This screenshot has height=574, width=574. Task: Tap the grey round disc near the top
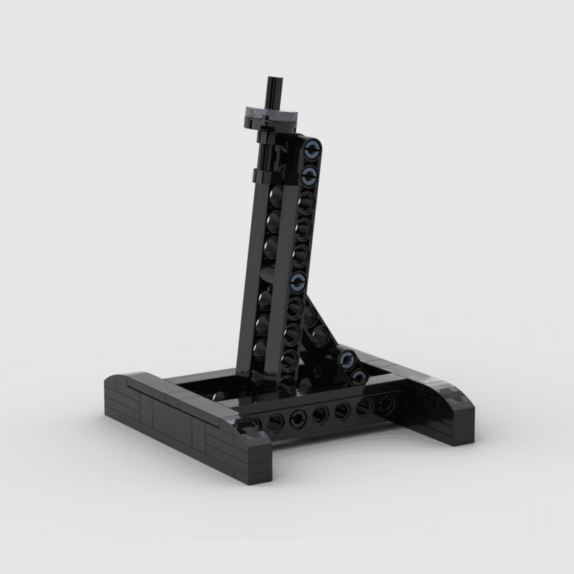271,111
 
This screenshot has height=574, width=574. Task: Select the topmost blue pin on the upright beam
312,150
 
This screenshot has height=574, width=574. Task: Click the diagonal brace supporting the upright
319,316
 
